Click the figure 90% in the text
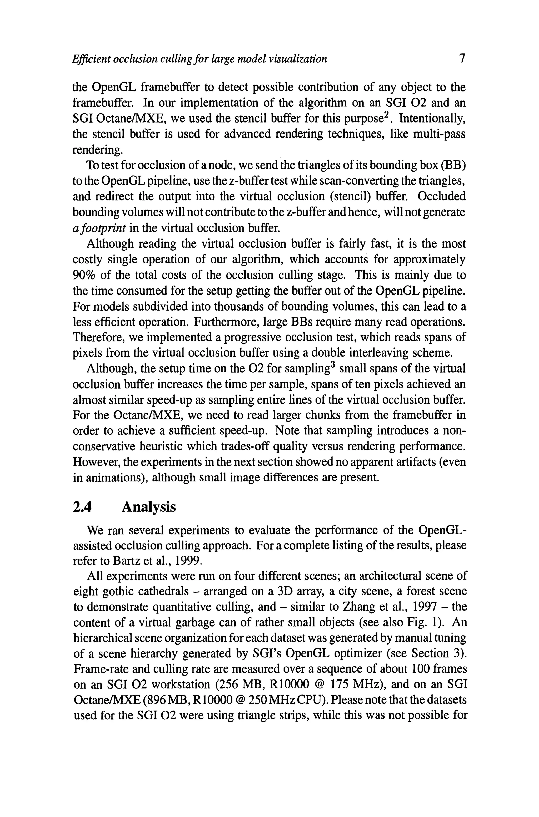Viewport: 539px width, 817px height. (83, 275)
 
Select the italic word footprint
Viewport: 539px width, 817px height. (100, 228)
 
